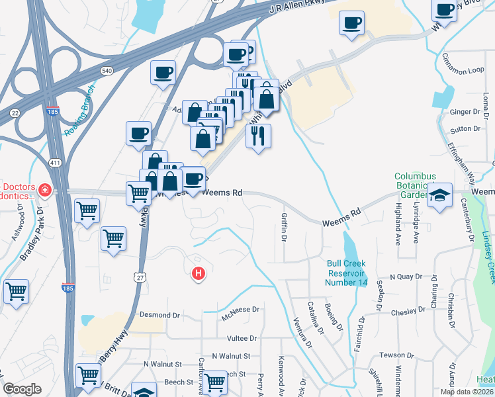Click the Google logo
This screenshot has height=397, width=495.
tap(22, 389)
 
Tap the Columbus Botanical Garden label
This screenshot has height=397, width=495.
tap(415, 185)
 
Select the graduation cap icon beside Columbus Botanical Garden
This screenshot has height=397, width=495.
tap(439, 196)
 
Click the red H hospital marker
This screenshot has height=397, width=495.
tap(197, 273)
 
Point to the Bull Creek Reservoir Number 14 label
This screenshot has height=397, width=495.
tap(347, 273)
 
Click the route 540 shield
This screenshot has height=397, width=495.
tap(106, 70)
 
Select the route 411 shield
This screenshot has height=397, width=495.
tap(55, 162)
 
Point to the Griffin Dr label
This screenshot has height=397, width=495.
tap(285, 225)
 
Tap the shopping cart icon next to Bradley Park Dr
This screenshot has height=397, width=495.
tap(87, 212)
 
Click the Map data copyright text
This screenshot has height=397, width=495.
tap(467, 391)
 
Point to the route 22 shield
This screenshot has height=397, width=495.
tap(15, 112)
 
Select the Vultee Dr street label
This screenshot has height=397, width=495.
tap(242, 338)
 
